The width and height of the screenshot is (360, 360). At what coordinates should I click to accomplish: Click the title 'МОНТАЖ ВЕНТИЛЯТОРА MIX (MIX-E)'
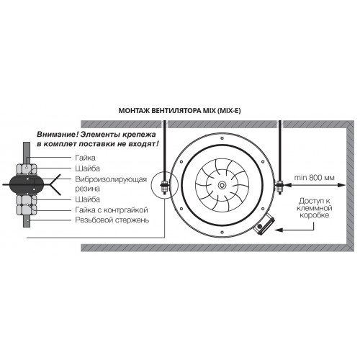click(179, 111)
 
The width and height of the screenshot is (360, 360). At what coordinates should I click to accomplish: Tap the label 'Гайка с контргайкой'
click(112, 210)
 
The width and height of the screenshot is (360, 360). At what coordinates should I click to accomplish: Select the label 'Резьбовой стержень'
click(112, 220)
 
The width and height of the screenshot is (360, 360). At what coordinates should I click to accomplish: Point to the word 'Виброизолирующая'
click(111, 179)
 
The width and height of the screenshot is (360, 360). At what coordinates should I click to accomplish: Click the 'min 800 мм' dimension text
click(314, 178)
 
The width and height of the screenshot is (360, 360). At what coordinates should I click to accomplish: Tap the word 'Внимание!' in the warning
click(58, 135)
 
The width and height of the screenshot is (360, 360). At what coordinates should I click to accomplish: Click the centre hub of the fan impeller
click(222, 185)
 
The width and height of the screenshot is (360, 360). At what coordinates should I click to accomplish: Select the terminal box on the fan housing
click(264, 225)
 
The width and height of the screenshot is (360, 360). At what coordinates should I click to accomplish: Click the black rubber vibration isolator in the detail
click(27, 184)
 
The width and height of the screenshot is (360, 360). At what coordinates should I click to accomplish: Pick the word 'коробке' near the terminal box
click(315, 215)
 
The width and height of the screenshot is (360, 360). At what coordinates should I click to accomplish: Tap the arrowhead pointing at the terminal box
click(279, 230)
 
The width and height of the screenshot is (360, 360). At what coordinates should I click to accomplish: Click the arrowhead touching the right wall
click(342, 185)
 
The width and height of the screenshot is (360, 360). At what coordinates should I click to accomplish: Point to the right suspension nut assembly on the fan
click(279, 186)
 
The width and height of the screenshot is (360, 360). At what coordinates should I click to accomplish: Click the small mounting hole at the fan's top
click(222, 138)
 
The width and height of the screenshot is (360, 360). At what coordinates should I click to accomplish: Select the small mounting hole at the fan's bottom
click(222, 232)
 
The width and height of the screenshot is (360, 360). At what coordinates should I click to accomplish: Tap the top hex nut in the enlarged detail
click(27, 168)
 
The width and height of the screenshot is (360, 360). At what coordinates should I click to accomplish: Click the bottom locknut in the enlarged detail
click(27, 210)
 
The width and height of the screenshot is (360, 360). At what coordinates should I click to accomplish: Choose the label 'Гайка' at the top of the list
click(85, 158)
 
